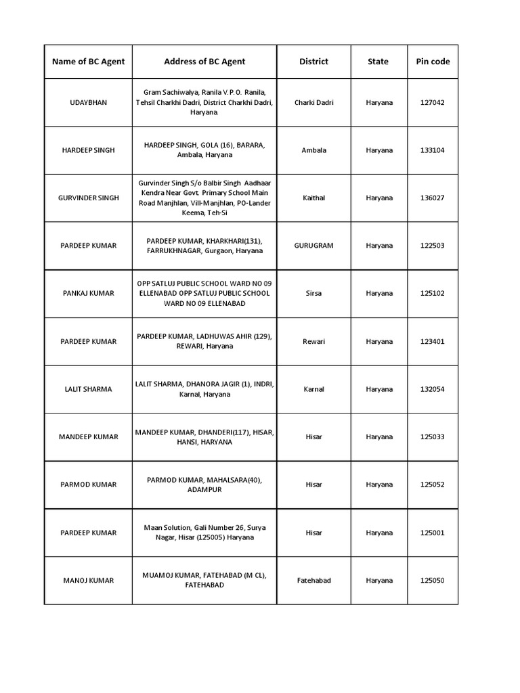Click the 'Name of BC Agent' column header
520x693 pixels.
(x=88, y=62)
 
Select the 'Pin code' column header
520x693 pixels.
(x=433, y=62)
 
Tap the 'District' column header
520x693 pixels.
(x=313, y=62)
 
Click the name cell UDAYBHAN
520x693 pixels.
(x=88, y=102)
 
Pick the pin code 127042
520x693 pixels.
(x=433, y=102)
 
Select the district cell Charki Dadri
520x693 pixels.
(x=313, y=102)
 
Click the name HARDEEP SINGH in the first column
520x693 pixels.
(x=88, y=150)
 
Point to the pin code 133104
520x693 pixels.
(x=433, y=150)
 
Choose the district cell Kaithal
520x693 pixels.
(x=313, y=198)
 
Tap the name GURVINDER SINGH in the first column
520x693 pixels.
(x=88, y=198)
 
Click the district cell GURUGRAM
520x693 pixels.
(x=313, y=246)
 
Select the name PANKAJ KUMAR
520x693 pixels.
(x=88, y=294)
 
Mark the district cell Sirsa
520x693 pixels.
(x=313, y=294)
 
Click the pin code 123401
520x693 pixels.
(x=433, y=341)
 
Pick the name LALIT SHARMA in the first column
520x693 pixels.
(x=88, y=389)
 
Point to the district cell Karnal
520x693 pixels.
(x=313, y=389)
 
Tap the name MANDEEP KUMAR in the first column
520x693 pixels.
(x=88, y=437)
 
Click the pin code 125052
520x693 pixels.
(x=433, y=485)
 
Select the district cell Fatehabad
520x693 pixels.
(x=313, y=581)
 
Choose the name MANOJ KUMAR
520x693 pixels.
(x=88, y=581)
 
